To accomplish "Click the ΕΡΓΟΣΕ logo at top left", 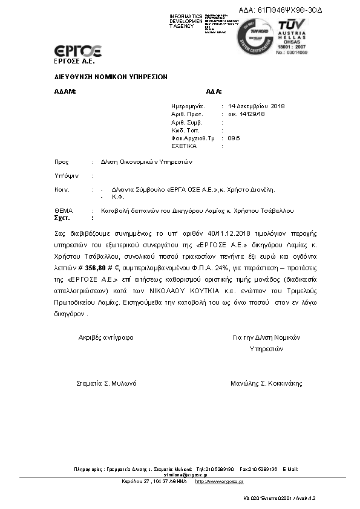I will pyautogui.click(x=77, y=51).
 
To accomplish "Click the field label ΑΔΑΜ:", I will pyautogui.click(x=65, y=91).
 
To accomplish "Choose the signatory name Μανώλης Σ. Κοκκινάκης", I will pyautogui.click(x=266, y=383).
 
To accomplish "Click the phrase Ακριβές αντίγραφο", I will pyautogui.click(x=106, y=337).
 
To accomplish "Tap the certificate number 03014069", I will pyautogui.click(x=296, y=53).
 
